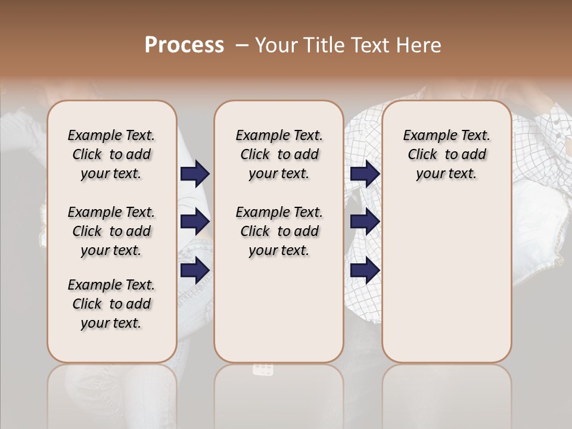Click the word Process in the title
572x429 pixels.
pos(184,45)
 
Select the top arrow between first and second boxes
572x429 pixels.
pos(195,174)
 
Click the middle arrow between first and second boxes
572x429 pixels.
pos(195,222)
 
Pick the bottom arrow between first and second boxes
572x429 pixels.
pos(195,271)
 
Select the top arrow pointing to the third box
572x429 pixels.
pos(365,174)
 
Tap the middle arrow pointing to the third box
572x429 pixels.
pos(365,222)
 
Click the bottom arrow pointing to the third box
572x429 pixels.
pos(365,271)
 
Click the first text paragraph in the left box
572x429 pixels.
pos(111,154)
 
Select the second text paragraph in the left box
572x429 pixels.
pos(111,231)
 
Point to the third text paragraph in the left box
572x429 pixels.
pos(111,304)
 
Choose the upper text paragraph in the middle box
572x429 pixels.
pos(279,154)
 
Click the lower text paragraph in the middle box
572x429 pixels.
pos(279,231)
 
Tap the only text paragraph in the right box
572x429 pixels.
pos(446,154)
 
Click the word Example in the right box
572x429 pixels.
pos(427,136)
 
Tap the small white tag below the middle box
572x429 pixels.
pos(263,369)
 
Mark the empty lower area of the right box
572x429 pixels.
pos(446,274)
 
